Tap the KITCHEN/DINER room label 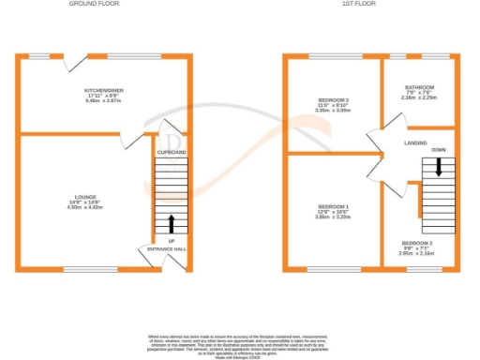click(x=104, y=90)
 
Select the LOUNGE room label click(x=82, y=198)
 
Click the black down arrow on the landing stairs click(x=438, y=168)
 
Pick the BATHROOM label click(x=420, y=87)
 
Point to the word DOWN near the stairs click(x=438, y=150)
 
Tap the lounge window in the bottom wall click(x=82, y=269)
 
